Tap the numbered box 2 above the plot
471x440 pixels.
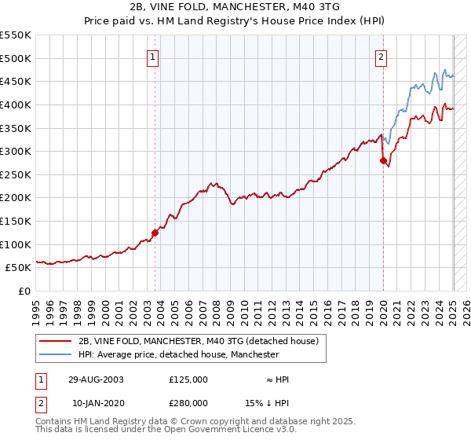(381, 57)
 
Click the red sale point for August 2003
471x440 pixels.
(155, 232)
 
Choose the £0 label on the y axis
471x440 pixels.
(24, 291)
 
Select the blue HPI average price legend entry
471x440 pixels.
(179, 355)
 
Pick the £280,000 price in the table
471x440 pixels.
(188, 403)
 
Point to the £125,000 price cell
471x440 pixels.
(188, 379)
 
